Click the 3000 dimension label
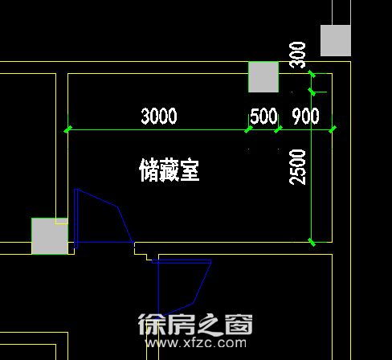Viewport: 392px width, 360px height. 159,116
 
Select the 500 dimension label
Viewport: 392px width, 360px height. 263,116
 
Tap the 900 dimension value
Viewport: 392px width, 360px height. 305,116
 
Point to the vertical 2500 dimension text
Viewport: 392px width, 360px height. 297,167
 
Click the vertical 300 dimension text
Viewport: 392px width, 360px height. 297,55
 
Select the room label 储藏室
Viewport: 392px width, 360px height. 169,170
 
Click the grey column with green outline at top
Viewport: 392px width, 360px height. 263,77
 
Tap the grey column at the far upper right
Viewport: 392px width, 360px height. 336,40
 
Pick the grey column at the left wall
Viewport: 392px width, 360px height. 50,236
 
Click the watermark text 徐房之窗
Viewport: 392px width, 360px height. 195,325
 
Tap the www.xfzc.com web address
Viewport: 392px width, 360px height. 196,343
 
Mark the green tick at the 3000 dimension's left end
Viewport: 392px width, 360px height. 68,129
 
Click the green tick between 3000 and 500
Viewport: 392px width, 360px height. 248,129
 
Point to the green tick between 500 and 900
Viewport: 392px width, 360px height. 279,129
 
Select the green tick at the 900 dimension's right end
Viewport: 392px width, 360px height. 333,129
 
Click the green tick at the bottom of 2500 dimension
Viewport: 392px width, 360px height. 312,242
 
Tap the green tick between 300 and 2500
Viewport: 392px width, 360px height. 312,92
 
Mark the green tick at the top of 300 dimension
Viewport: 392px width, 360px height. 312,73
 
